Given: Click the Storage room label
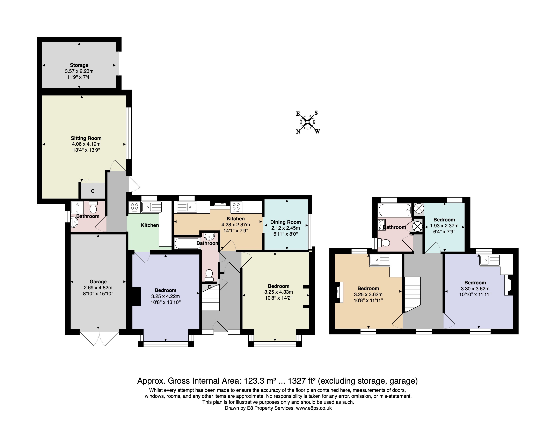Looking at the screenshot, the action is click(79, 65).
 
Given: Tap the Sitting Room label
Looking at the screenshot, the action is click(86, 138).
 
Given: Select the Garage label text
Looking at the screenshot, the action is click(98, 282).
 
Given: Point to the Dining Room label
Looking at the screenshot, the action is click(285, 222).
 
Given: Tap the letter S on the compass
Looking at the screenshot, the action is click(316, 113).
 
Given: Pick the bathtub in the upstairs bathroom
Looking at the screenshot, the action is click(394, 210).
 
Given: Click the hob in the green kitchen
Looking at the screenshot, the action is click(134, 207).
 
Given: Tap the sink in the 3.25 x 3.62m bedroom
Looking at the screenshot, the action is click(379, 260).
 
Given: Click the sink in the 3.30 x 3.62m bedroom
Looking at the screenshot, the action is click(489, 260).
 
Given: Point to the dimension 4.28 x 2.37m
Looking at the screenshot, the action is click(236, 225).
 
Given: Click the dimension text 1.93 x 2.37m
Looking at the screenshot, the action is click(444, 226).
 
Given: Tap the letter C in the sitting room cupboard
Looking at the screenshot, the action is click(93, 191).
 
